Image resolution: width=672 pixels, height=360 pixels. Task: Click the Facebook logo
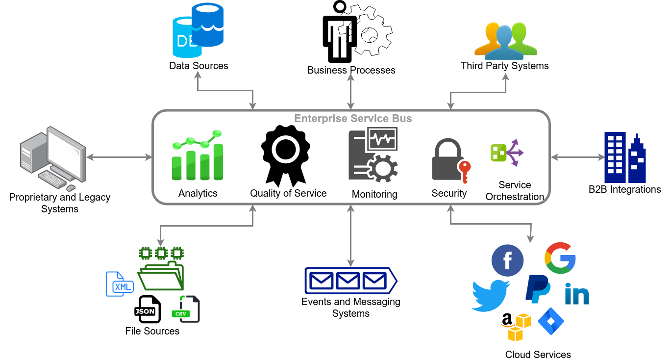(x=507, y=260)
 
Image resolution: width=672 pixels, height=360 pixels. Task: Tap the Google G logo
(x=560, y=258)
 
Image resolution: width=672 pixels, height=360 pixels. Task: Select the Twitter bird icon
(x=490, y=296)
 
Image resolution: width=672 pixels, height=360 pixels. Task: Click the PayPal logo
(x=538, y=289)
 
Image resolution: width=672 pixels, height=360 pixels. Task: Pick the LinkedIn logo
(x=576, y=293)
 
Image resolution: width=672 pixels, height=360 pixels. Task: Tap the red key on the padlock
(x=464, y=172)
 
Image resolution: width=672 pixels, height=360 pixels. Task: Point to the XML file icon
(x=119, y=284)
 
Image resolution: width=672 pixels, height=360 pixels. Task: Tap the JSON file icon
(x=147, y=309)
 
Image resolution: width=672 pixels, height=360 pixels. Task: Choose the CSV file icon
(x=188, y=309)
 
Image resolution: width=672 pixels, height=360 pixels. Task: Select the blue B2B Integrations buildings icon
(x=624, y=157)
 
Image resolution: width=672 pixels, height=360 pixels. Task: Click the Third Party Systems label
(x=504, y=66)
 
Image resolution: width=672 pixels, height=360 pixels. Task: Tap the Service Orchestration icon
(x=507, y=152)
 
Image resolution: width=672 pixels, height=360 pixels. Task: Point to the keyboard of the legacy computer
(x=52, y=180)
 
